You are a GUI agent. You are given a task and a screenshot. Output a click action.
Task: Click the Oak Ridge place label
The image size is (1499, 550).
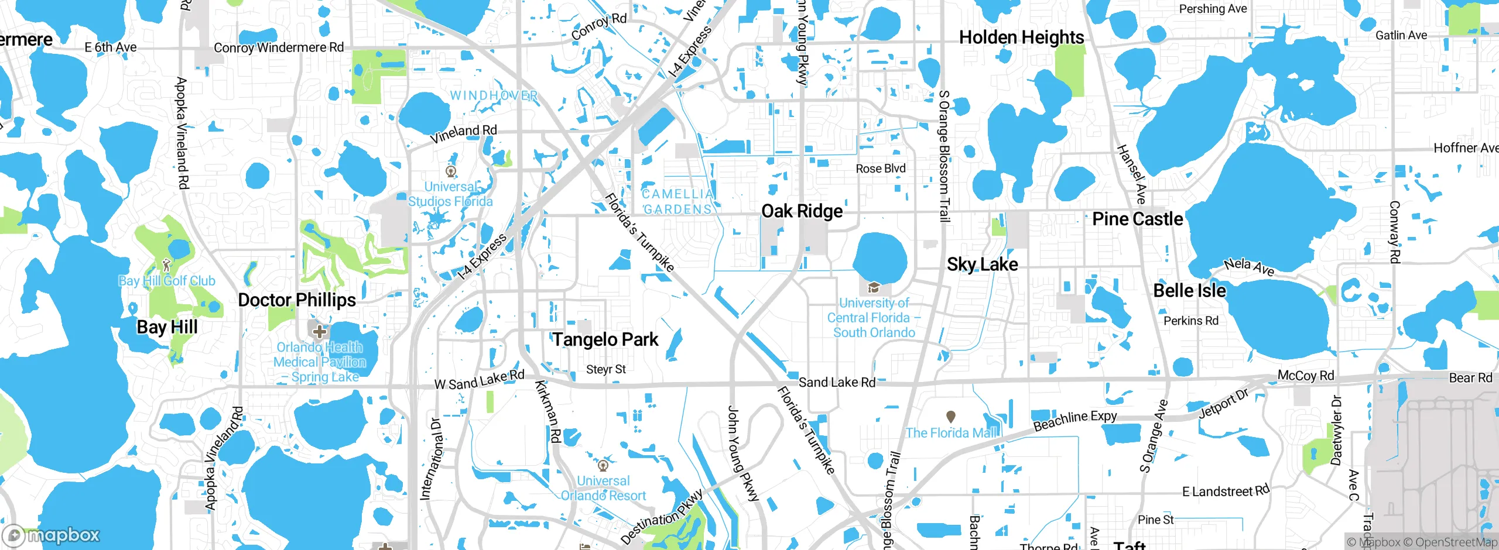coord(802,211)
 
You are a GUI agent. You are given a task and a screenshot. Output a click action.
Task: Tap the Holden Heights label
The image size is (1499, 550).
coord(1021,37)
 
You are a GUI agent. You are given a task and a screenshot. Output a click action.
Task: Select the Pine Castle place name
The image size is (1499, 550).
coord(1137,219)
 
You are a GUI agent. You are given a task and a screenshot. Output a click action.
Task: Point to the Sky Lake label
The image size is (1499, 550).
coord(982,264)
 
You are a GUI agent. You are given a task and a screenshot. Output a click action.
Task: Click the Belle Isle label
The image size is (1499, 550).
coord(1189,291)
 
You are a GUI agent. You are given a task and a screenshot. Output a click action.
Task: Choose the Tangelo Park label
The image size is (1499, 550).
coord(605,339)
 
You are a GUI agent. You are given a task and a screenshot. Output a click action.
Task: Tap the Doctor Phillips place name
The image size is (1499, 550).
coord(297,300)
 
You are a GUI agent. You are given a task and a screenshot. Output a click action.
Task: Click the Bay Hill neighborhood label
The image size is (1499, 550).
coord(167,327)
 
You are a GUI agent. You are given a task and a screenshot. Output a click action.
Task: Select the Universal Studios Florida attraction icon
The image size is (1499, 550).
coord(451,172)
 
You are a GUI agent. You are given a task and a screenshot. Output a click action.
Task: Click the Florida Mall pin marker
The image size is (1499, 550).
coord(951,417)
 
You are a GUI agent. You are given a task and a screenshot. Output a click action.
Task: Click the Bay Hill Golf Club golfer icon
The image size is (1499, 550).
coord(167,265)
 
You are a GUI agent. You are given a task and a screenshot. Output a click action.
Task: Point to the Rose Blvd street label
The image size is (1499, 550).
coord(880,169)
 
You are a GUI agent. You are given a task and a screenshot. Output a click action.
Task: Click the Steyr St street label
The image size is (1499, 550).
coord(606,369)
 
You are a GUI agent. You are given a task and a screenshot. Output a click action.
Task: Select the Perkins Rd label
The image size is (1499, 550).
coord(1190,321)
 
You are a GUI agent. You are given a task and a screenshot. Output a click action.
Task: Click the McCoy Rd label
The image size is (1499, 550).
coord(1305,376)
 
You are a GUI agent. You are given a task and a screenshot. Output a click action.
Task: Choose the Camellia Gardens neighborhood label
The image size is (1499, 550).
coord(677,201)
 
